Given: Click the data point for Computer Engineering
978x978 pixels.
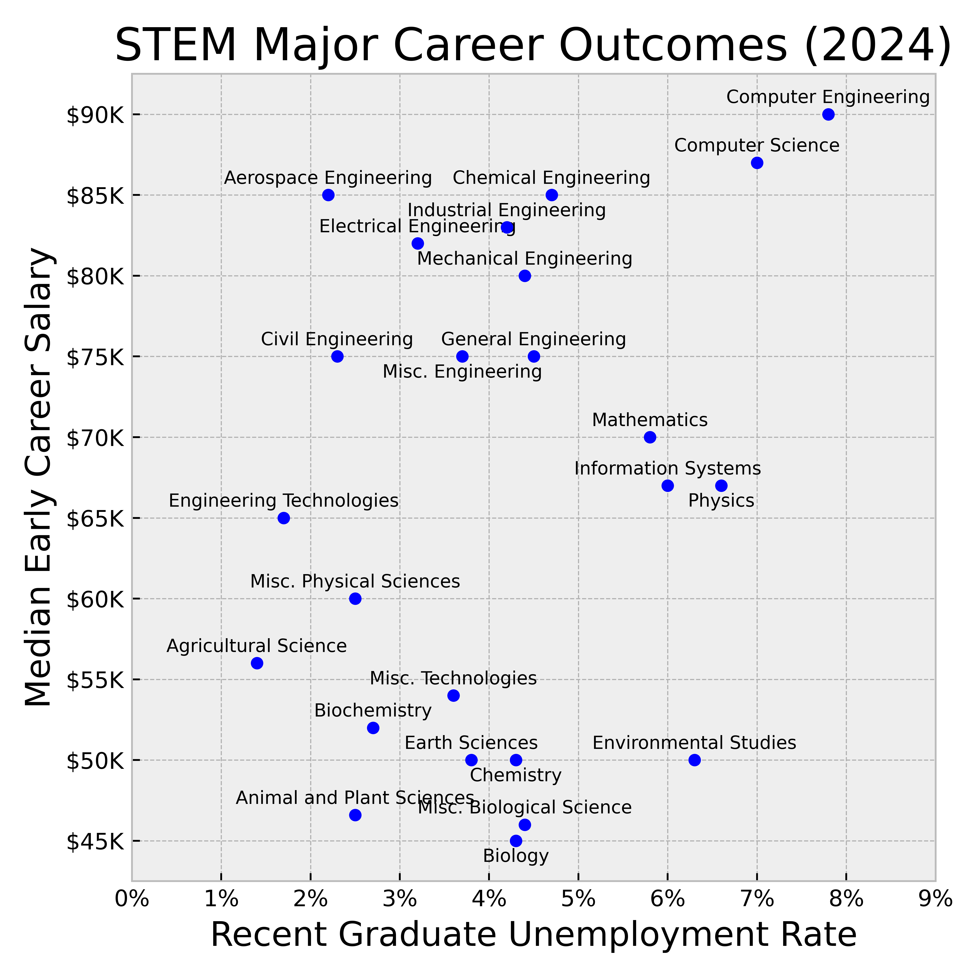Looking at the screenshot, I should [828, 114].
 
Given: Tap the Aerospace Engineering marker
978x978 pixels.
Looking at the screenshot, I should [328, 195].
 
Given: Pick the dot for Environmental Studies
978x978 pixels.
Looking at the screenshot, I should [695, 760].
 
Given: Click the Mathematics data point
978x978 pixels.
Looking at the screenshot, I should [650, 437].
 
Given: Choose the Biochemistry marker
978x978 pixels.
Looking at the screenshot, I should [373, 728].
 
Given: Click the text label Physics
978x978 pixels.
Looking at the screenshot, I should [721, 501].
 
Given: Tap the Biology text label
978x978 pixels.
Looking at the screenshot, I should [516, 856].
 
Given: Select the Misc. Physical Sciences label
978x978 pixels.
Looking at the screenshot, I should [355, 582].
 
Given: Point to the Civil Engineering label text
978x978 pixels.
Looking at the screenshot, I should [337, 339].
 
